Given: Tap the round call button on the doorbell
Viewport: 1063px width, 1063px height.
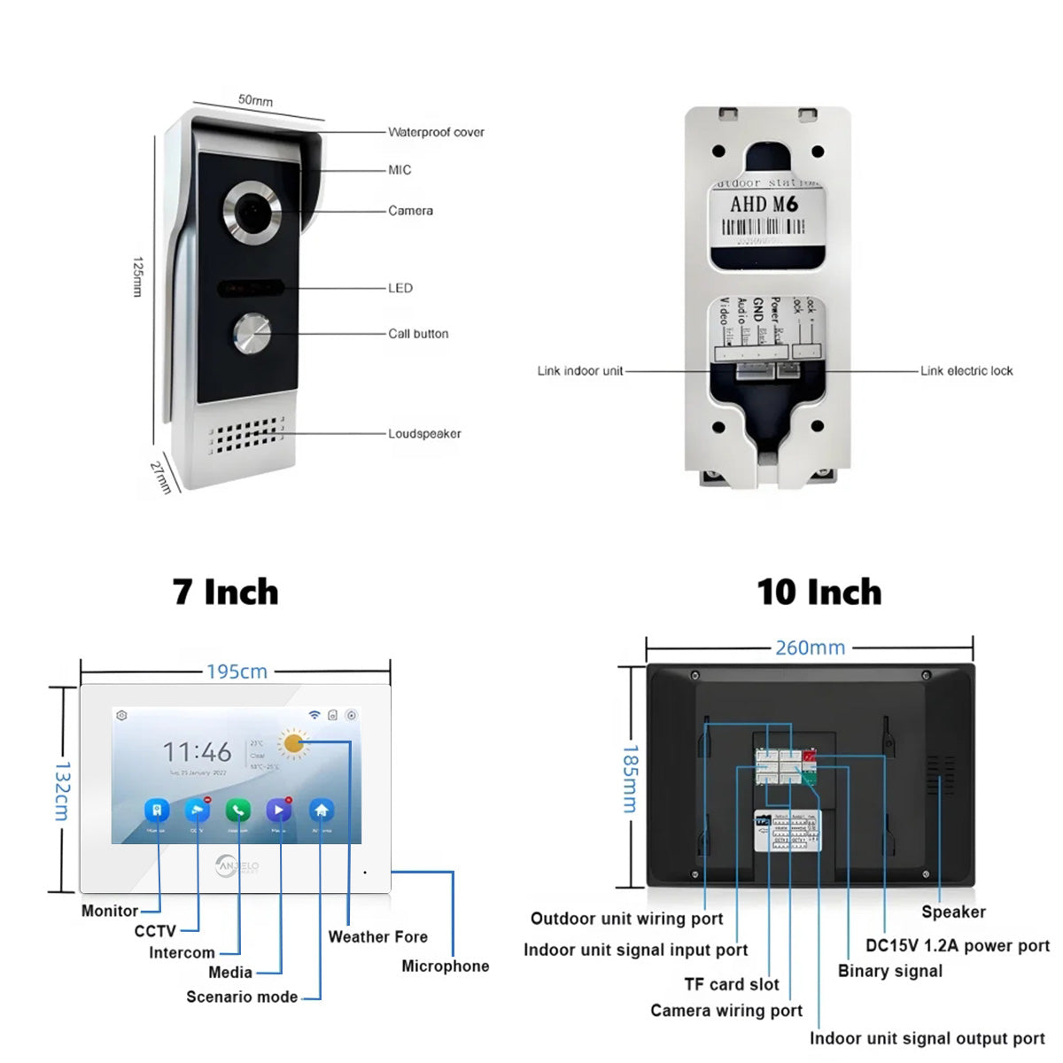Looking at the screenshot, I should coord(252,334).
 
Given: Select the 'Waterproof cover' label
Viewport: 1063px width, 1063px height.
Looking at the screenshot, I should coord(436,132).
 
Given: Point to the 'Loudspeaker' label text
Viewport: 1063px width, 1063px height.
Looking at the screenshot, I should coord(424,433).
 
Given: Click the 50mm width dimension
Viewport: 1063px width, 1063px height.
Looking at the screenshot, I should coord(255,100).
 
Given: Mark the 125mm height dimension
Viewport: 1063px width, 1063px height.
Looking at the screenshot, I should coord(137,276).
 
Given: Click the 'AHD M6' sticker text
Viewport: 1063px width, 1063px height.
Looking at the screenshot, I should coord(764,204).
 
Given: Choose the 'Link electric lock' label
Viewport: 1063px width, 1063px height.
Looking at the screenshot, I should coord(966,370).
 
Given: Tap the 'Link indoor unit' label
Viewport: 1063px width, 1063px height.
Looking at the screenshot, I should coord(580,370).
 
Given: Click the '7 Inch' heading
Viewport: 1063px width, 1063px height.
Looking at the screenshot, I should coord(226,592).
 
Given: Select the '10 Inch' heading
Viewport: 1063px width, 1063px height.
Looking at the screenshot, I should coord(819,592).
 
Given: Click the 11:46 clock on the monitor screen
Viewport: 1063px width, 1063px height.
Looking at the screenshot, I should coord(197,752).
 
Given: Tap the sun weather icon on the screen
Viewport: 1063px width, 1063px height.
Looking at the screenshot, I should coord(293,743).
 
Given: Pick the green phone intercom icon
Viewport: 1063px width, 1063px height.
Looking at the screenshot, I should coord(237,810).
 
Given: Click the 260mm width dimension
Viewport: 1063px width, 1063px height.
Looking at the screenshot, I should coord(810,648).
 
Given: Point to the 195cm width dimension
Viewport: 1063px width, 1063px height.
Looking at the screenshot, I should coord(237,671).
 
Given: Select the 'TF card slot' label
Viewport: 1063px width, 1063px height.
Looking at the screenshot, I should coord(731,984).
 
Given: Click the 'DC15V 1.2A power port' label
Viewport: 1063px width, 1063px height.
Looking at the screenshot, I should coord(958,945).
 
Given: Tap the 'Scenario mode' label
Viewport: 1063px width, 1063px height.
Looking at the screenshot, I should coord(242,997).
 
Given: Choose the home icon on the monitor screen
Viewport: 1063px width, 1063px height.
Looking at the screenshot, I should coord(321,810).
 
